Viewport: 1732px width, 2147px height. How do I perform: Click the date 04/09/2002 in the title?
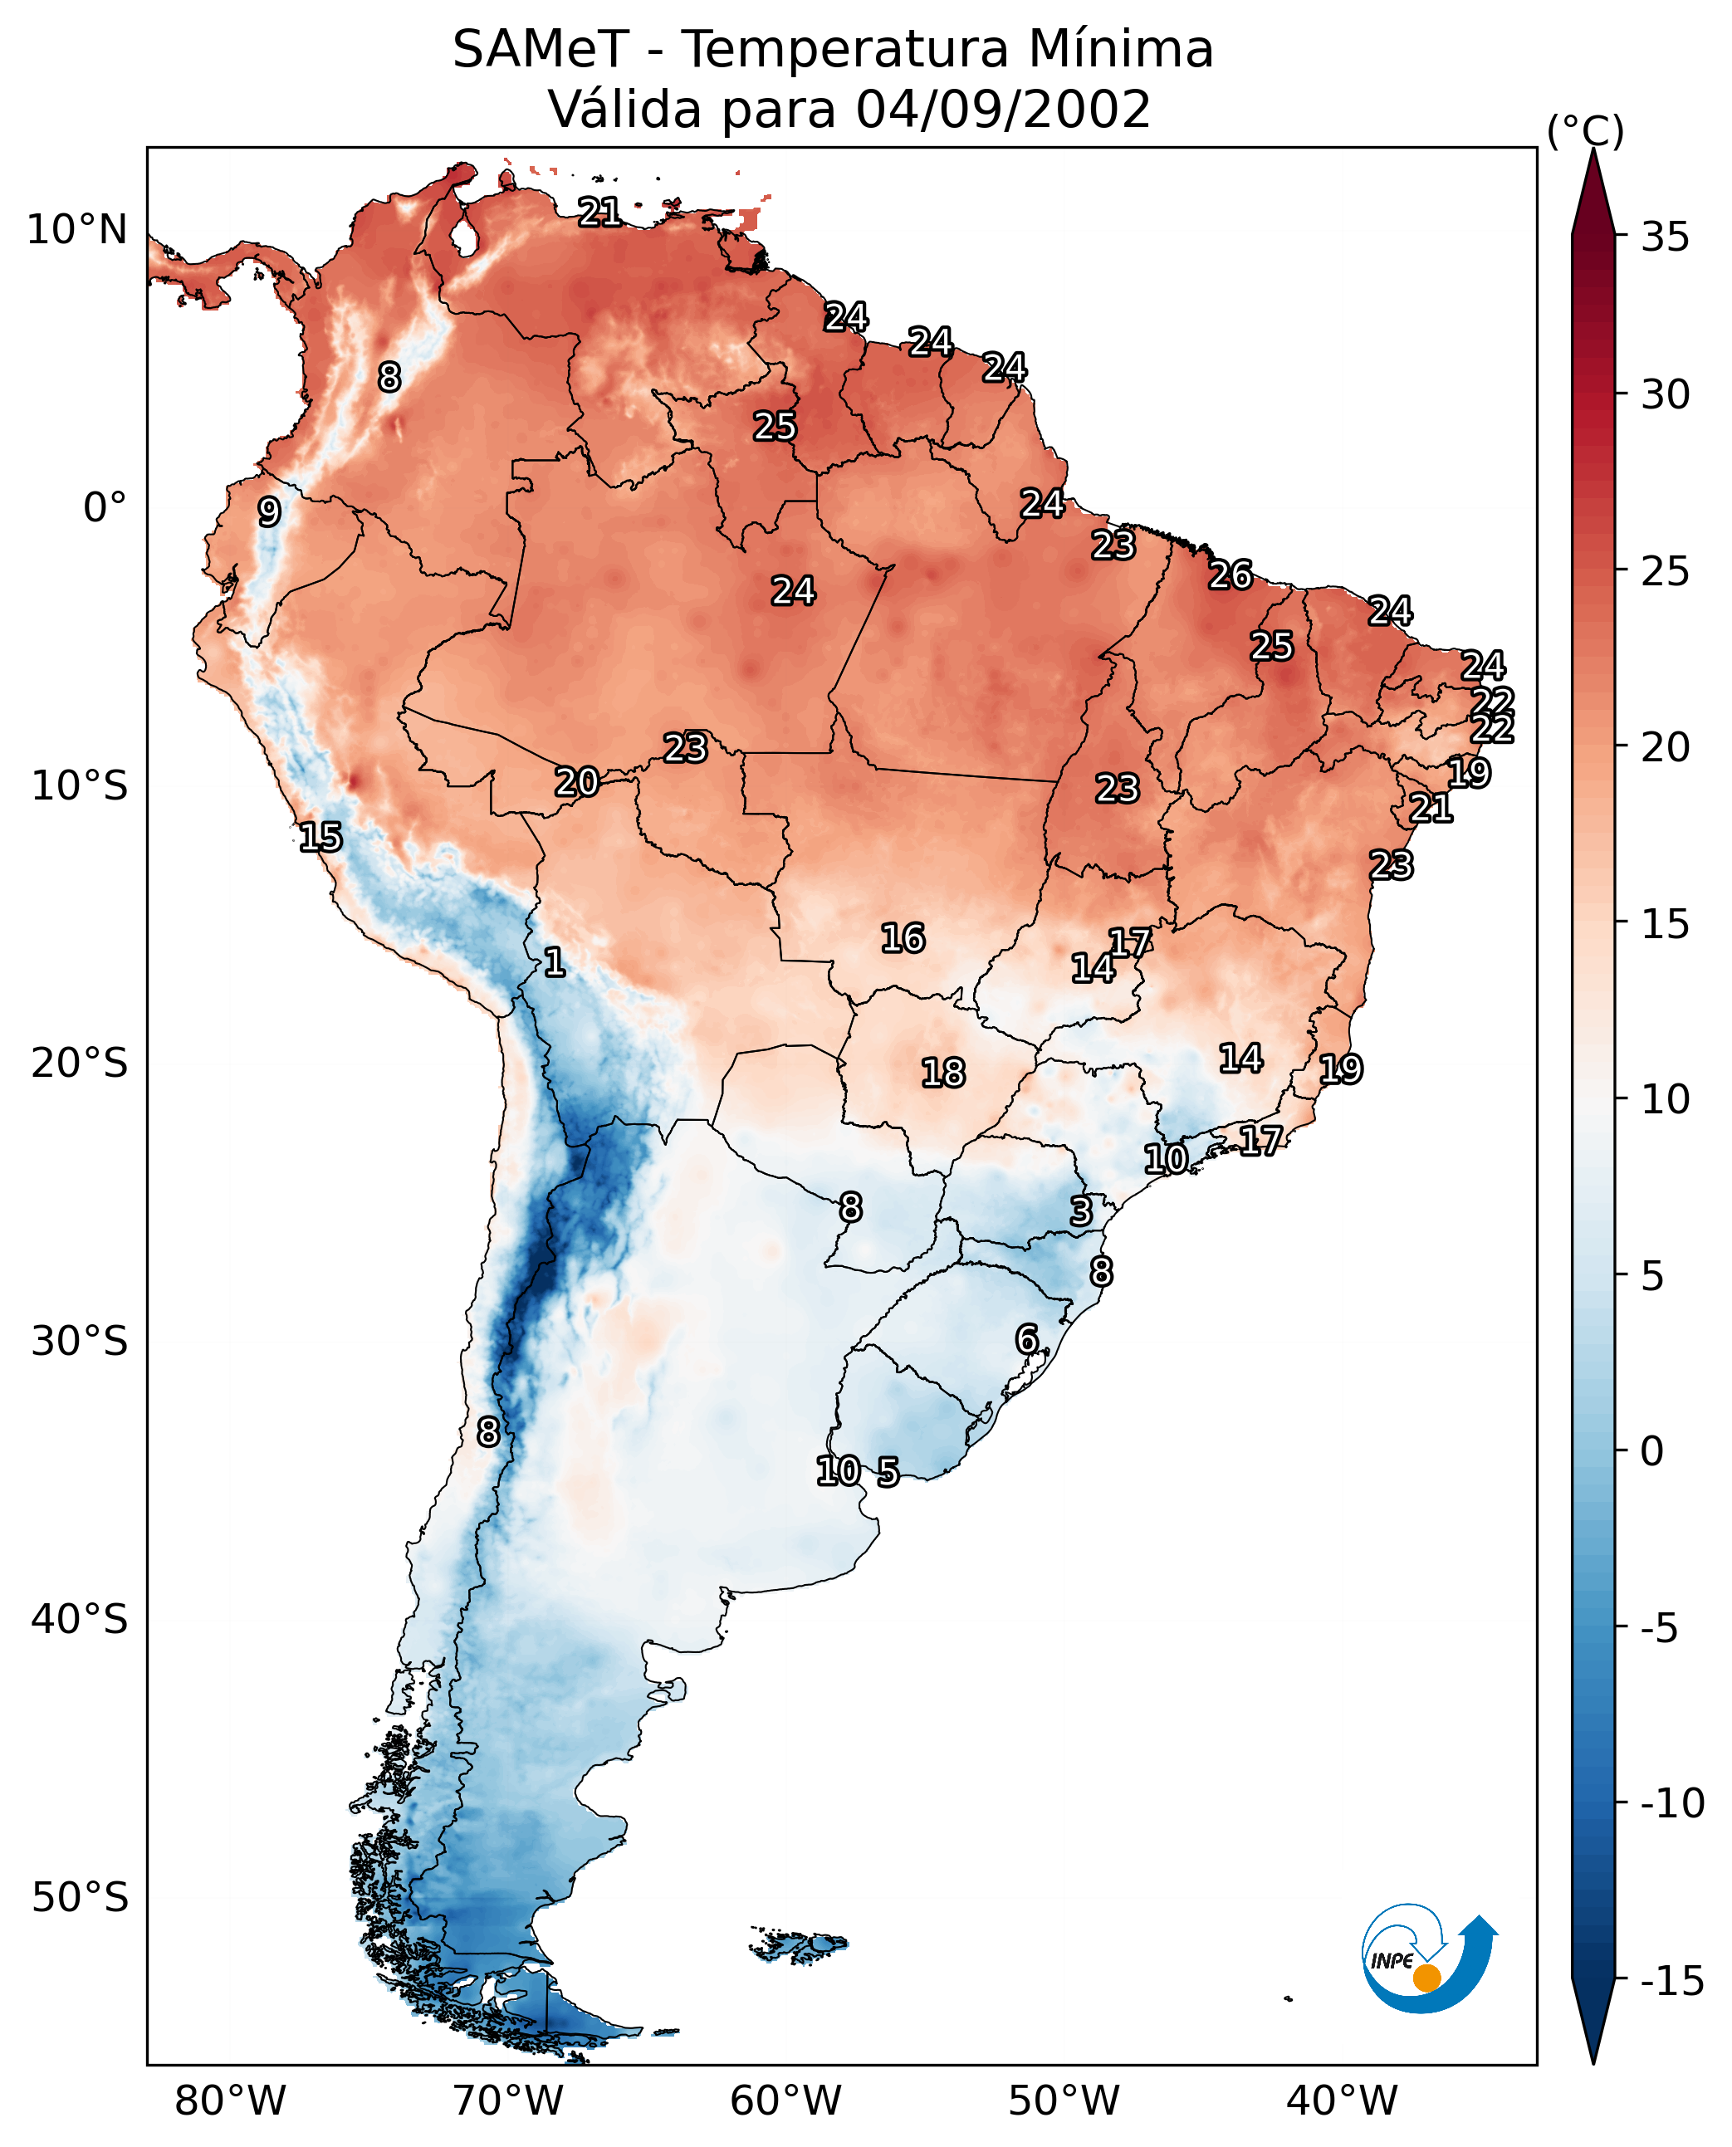click(1003, 109)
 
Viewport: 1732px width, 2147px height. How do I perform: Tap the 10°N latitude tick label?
click(77, 231)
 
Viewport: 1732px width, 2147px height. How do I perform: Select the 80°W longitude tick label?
click(231, 2101)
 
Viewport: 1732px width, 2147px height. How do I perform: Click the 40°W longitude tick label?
click(1341, 2101)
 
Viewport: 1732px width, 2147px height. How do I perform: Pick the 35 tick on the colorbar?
click(1665, 237)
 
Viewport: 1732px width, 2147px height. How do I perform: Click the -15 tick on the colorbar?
click(1672, 1980)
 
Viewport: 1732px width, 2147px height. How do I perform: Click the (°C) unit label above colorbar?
click(1585, 130)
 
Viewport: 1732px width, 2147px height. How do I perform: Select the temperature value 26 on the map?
click(1231, 575)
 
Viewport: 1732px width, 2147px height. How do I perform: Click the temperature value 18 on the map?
click(943, 1073)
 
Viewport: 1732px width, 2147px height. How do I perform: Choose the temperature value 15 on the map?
click(320, 837)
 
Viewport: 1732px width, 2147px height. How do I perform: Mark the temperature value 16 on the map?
click(903, 938)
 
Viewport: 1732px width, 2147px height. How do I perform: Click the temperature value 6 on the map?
click(1026, 1339)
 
